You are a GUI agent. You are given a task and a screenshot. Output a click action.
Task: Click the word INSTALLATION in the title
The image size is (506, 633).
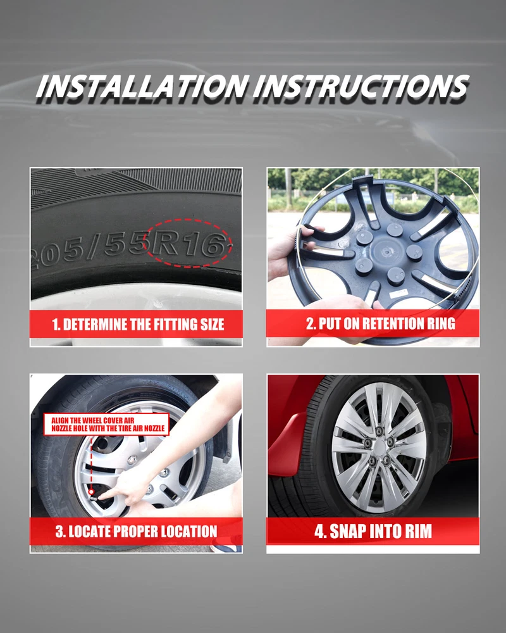[x=142, y=86]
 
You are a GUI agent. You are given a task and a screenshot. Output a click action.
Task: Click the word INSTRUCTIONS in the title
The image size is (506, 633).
[x=361, y=86]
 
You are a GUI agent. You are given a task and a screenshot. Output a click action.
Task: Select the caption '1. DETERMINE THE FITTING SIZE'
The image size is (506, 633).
[x=138, y=325]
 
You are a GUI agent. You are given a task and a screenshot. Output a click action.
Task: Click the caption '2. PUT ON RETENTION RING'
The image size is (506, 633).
[x=381, y=323]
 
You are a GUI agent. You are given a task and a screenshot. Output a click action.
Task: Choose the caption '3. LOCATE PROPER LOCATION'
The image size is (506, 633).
[x=137, y=531]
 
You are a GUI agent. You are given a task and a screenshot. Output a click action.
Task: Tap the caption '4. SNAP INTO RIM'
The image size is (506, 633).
[x=373, y=531]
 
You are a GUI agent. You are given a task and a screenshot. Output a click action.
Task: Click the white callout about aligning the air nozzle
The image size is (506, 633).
[x=106, y=424]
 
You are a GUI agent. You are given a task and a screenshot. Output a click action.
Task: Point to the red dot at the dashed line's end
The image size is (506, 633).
[x=91, y=492]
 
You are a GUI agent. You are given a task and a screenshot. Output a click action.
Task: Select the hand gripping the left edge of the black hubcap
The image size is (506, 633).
[x=288, y=250]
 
